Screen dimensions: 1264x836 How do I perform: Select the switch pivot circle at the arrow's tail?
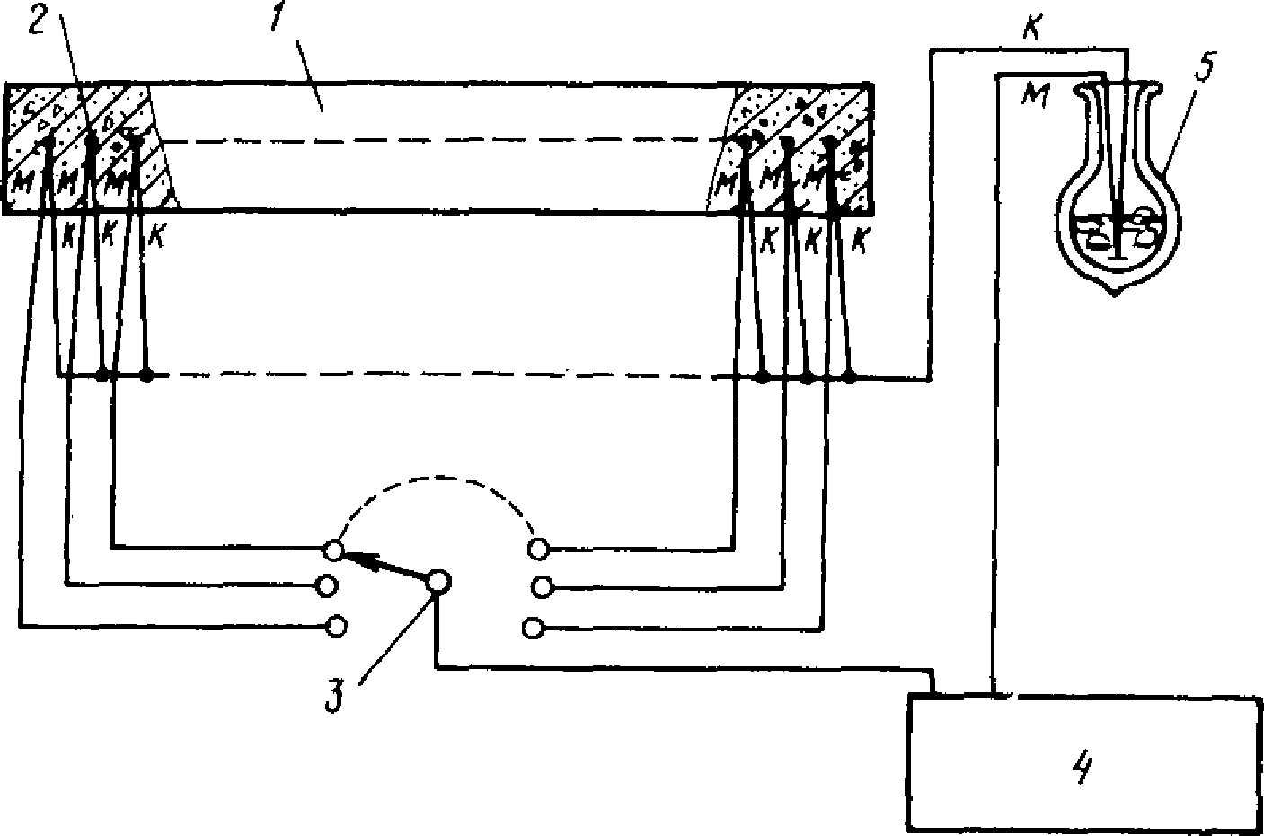(438, 582)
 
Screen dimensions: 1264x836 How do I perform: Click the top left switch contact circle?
(333, 549)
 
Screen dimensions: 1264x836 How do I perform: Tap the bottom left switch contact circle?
(337, 625)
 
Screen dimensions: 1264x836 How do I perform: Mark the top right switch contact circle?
(539, 548)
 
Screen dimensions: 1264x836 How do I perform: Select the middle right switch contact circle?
(541, 586)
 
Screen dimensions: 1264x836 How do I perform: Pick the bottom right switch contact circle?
(533, 628)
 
